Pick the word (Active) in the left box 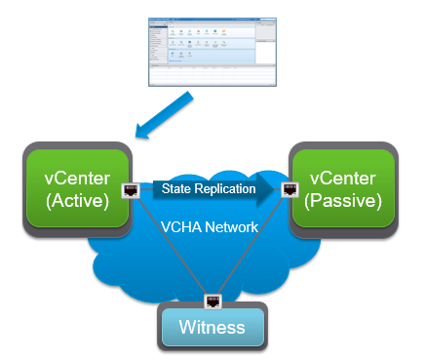click(76, 201)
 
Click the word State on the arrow click(175, 188)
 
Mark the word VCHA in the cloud click(181, 227)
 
